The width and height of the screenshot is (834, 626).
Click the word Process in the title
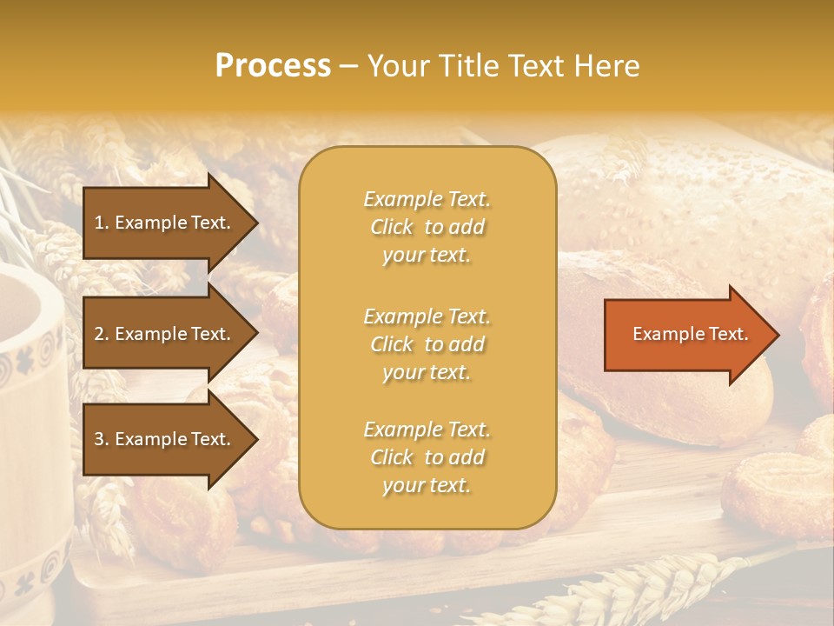click(273, 66)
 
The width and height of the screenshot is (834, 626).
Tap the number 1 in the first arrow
click(99, 223)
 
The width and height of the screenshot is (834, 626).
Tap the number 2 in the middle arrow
click(99, 335)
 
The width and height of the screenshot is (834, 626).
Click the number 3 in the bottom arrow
click(99, 440)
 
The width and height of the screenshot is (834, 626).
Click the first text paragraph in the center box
click(427, 227)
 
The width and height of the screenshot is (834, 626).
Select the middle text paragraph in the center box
click(427, 344)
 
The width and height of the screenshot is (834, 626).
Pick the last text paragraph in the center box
click(427, 457)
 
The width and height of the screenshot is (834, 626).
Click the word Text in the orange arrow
click(727, 335)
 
